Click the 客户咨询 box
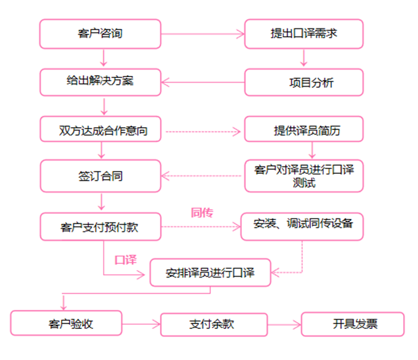tap(100, 33)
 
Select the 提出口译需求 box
tap(303, 33)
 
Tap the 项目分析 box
tap(303, 83)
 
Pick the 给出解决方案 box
tap(100, 82)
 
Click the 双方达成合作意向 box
tap(100, 129)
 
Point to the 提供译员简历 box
tap(303, 130)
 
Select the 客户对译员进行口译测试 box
tap(303, 175)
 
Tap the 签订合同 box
tap(100, 176)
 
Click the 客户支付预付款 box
tap(100, 227)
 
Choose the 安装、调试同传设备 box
tap(303, 226)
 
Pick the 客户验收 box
tap(66, 323)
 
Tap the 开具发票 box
tap(352, 324)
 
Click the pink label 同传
tap(202, 212)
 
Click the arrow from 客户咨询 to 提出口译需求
tap(203, 33)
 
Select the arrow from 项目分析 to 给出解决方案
tap(203, 83)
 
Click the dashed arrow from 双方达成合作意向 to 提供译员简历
tap(203, 130)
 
